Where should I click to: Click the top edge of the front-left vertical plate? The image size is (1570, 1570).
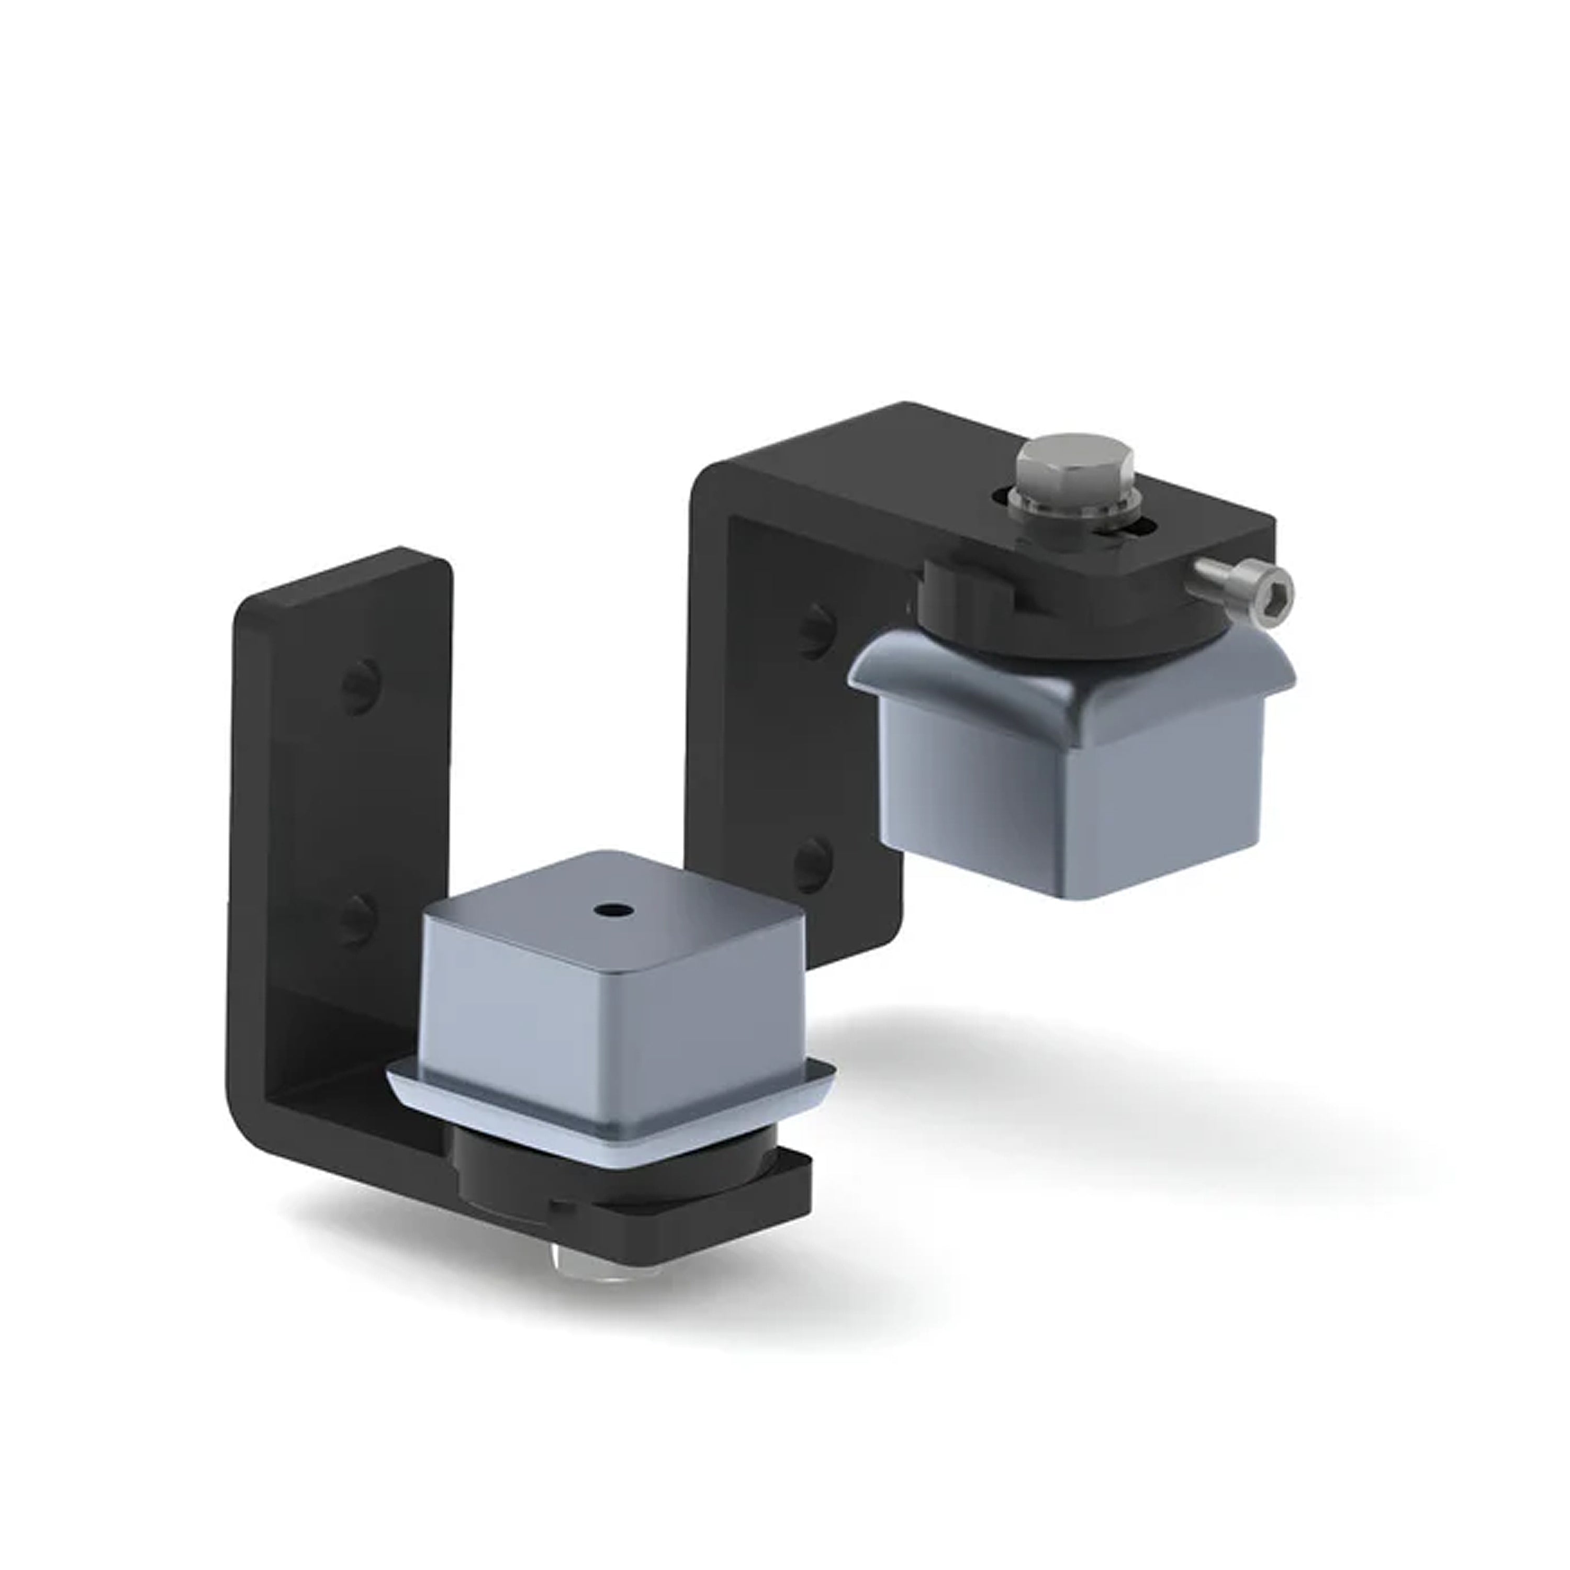[x=341, y=581]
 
